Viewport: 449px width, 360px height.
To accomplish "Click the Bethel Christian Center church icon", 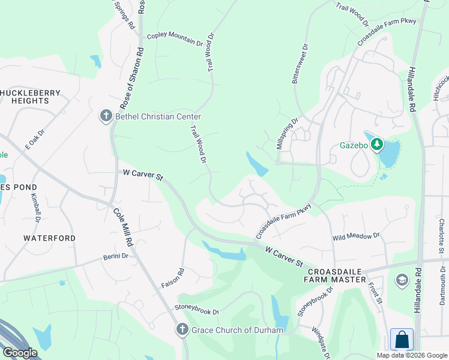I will point(106,116).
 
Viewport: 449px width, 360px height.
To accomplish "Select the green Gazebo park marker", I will point(377,145).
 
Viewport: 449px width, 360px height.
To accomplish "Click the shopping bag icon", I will point(402,340).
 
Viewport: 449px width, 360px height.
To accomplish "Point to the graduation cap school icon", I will point(402,280).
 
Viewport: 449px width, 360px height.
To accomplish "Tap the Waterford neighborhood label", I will point(50,238).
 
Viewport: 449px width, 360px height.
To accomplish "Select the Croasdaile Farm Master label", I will point(334,275).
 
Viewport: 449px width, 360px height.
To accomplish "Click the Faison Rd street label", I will point(173,278).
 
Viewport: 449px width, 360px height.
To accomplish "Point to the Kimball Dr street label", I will point(34,207).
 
